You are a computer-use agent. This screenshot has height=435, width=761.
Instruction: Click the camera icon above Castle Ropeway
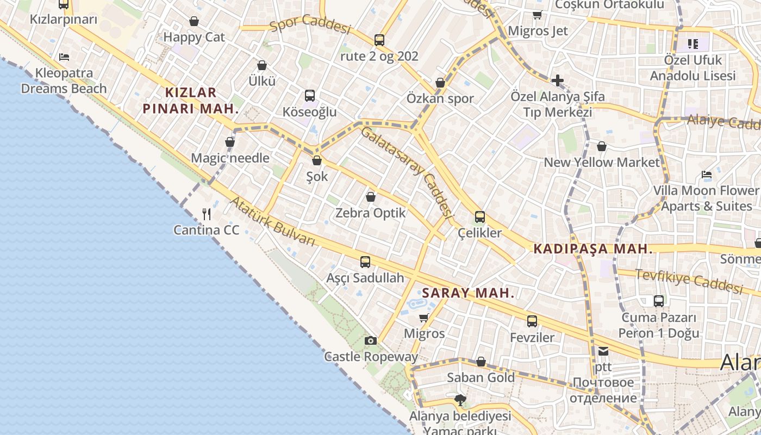tap(371, 341)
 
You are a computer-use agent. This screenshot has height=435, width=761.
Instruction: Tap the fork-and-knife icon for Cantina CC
tap(207, 214)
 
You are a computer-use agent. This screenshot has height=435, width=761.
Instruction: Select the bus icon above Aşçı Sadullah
tap(365, 262)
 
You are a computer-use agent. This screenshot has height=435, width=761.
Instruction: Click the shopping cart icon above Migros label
tap(424, 318)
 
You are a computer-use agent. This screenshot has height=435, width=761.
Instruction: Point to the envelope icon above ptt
tap(603, 351)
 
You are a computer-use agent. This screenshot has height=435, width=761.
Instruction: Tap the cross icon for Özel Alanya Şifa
tap(557, 81)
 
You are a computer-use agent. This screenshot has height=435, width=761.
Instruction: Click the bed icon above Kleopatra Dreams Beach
tap(64, 57)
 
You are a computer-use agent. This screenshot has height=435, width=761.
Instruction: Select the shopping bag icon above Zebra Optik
tap(371, 197)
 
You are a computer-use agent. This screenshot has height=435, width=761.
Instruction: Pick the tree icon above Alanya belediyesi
tap(460, 401)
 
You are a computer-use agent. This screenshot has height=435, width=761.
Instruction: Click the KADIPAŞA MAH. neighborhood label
tap(593, 249)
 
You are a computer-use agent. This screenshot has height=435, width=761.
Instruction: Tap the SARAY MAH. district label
tap(468, 293)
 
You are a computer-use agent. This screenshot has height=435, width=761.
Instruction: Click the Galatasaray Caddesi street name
tap(407, 172)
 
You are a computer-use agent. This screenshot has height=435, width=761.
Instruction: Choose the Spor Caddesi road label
tap(310, 24)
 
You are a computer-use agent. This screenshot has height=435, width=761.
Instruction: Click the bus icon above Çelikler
tap(479, 217)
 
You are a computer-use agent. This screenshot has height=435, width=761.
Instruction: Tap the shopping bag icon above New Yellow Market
tap(602, 146)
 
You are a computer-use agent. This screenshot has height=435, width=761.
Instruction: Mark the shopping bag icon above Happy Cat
tap(194, 21)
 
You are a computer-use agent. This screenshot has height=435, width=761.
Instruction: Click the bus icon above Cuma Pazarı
tap(659, 301)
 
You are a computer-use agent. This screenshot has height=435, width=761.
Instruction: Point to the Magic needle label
tap(230, 158)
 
